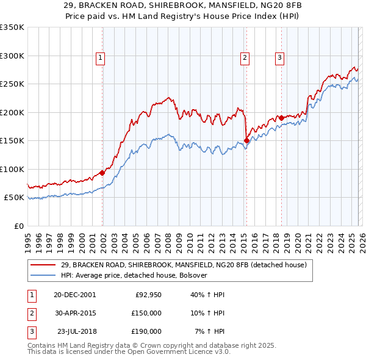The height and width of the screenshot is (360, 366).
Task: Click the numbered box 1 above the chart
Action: tap(100, 58)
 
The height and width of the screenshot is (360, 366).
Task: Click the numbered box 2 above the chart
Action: tap(245, 58)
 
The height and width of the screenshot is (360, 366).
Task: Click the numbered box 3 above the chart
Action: tap(279, 58)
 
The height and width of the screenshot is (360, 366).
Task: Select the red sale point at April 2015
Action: tap(246, 140)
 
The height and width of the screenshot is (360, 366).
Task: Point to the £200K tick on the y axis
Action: tap(12, 112)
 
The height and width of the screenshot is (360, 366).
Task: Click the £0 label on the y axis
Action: tap(18, 226)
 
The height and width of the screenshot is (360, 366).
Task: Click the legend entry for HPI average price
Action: tap(134, 275)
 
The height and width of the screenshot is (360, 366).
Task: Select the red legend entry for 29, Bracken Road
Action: tap(187, 265)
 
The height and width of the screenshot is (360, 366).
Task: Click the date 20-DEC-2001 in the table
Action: tap(74, 295)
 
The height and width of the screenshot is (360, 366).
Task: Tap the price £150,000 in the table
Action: tap(146, 313)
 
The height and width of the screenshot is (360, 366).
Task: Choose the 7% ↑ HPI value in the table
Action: tap(209, 331)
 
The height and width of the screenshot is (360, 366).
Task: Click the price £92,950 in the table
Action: tap(148, 295)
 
